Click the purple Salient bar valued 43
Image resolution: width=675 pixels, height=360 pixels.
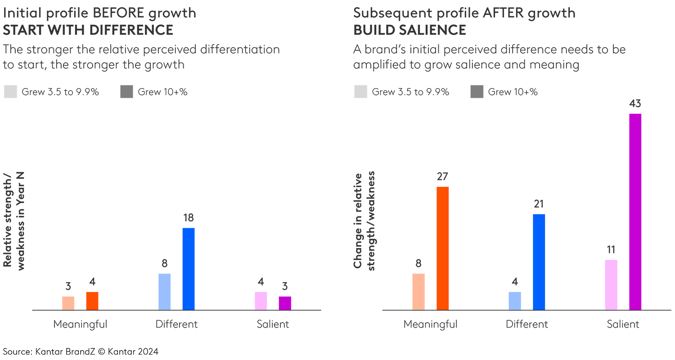point(635,211)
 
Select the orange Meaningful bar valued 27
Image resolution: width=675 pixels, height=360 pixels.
point(442,248)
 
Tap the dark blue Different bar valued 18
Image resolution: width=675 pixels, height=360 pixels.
point(189,269)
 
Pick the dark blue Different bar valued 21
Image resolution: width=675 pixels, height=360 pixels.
point(539,262)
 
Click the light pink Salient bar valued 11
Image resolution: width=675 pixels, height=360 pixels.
point(611,285)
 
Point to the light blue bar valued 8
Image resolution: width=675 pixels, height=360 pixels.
point(165,292)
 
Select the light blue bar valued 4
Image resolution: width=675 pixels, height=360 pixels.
point(515,301)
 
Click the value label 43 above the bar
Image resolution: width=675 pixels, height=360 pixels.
point(635,104)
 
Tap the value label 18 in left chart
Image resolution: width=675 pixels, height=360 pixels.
point(189,218)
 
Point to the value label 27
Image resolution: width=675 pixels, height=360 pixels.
point(442,177)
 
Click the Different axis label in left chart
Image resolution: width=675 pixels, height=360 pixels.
point(176,324)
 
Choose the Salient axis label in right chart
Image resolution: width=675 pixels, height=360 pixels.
point(623,324)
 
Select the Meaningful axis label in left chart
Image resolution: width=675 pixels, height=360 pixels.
point(80,324)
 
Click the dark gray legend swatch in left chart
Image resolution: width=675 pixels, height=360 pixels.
point(127,92)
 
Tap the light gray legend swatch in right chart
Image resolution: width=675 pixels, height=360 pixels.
point(360,92)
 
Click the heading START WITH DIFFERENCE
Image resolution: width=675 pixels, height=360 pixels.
point(88,30)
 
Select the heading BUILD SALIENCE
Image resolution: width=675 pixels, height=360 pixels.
point(409,30)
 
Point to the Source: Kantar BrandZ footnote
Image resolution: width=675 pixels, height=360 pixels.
point(81,351)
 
